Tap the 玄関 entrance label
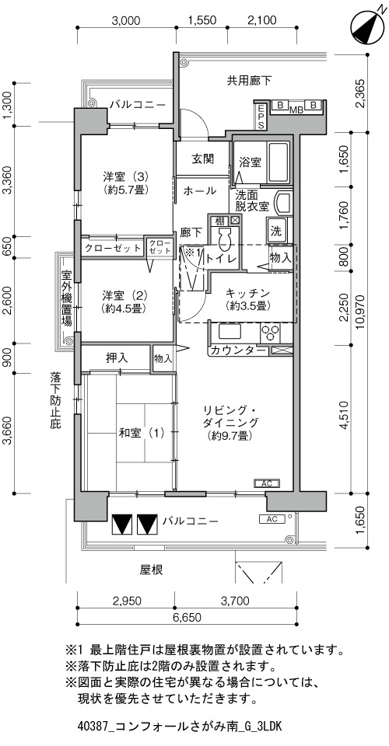coord(202,159)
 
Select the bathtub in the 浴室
coord(275,161)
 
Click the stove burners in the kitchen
coord(270,333)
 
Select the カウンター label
coord(238,350)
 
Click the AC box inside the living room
coord(267,484)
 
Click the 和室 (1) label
coord(142,433)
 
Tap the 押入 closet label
coord(116,357)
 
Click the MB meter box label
coord(297,110)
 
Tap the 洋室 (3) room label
coord(126,177)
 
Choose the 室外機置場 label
coord(67,298)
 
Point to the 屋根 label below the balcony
coord(151,570)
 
